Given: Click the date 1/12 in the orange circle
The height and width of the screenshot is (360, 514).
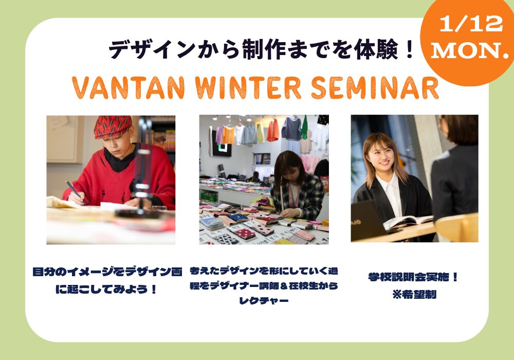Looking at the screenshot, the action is (471, 24).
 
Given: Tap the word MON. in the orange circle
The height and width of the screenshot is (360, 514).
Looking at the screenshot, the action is (469, 51).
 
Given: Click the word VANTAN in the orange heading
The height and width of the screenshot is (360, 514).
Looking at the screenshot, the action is (128, 88).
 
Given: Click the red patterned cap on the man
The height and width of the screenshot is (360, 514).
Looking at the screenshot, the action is (113, 126).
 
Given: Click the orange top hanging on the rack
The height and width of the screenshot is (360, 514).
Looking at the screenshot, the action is (273, 130).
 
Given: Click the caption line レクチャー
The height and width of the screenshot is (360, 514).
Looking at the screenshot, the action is (264, 300).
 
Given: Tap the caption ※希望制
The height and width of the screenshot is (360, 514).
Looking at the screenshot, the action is (414, 294).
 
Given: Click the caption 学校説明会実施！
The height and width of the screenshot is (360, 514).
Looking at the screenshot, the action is (413, 277).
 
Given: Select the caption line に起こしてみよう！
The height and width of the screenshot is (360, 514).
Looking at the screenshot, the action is (106, 289).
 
